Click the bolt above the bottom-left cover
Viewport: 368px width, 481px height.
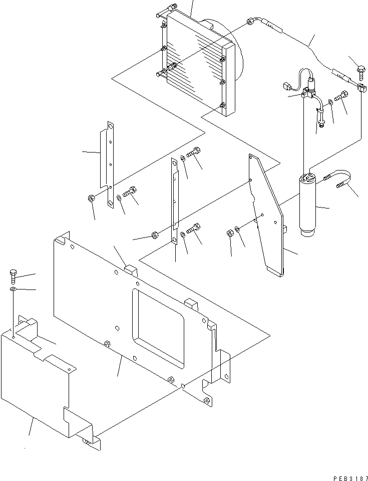(x=14, y=274)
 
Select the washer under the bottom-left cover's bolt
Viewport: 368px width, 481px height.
(x=13, y=289)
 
